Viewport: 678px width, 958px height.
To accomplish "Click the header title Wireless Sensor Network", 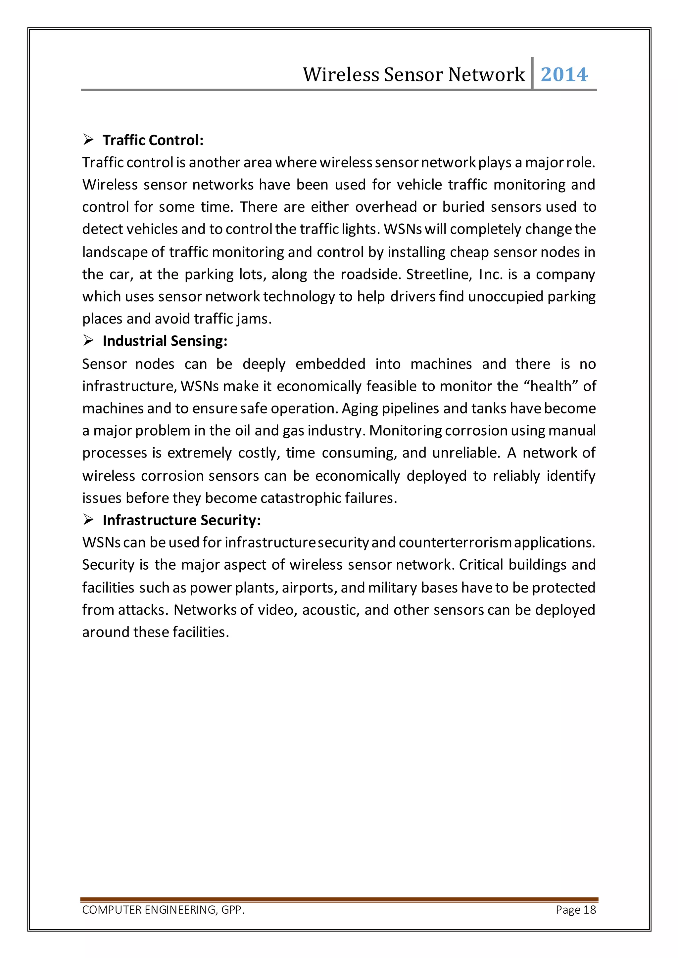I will tap(413, 75).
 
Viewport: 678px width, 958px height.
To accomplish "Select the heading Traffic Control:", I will tap(153, 140).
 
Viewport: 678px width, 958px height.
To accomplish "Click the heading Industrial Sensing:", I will tap(165, 341).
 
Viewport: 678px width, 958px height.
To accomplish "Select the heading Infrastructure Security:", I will tap(182, 520).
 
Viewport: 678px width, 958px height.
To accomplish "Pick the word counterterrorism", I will tap(455, 543).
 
